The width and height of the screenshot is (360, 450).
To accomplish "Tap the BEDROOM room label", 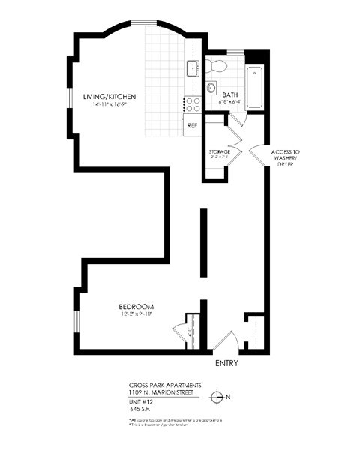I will click(136, 307).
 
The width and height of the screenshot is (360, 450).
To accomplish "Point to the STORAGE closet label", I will click(219, 151).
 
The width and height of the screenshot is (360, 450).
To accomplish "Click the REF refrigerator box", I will click(192, 125).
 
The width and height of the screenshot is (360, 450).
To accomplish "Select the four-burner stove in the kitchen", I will click(192, 103).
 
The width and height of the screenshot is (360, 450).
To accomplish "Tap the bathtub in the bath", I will click(255, 85).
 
